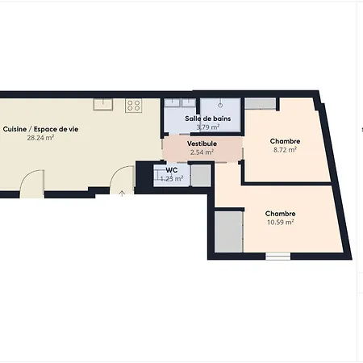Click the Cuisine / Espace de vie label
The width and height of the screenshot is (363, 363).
[40, 129]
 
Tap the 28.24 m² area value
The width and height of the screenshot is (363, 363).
[40, 138]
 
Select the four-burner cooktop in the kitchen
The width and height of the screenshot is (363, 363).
[133, 105]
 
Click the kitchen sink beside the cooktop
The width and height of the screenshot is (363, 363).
[103, 104]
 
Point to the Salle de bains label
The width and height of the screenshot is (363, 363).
[208, 119]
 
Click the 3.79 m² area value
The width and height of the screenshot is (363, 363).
[208, 127]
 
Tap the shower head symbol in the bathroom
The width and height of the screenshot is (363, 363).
[220, 105]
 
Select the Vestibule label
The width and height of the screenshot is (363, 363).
[202, 144]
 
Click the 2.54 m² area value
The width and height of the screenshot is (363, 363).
[202, 152]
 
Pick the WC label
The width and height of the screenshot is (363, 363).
[172, 170]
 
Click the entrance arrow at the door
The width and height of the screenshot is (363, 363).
[122, 193]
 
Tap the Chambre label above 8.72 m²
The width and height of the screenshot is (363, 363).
[285, 141]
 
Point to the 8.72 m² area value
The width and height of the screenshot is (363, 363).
[285, 150]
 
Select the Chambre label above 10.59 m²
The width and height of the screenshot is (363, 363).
[281, 214]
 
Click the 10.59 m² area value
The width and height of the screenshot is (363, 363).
[281, 222]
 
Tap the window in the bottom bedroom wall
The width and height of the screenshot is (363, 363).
[278, 257]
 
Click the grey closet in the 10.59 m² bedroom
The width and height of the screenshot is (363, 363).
[229, 232]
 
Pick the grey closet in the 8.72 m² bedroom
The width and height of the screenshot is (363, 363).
[261, 104]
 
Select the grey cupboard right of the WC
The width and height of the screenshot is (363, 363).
[201, 175]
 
